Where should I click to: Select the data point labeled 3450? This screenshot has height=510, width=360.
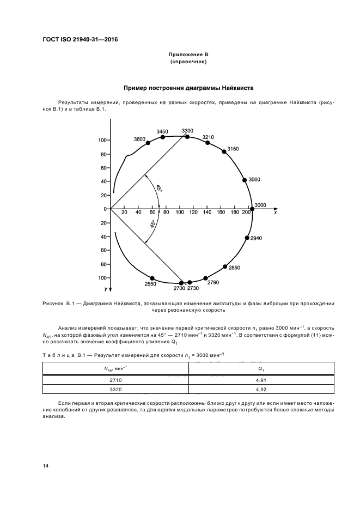(x=162, y=137)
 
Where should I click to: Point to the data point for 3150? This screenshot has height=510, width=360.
(x=224, y=151)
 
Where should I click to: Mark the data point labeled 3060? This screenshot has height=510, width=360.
(x=245, y=180)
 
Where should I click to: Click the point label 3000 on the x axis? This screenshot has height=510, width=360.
(x=260, y=204)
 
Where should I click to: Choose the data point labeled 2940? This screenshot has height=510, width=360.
(x=246, y=238)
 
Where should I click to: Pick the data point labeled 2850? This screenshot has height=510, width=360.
(x=225, y=266)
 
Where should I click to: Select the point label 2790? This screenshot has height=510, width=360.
(x=213, y=283)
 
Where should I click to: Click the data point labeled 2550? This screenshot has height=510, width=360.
(x=152, y=278)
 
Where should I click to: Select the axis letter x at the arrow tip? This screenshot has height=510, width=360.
(x=276, y=213)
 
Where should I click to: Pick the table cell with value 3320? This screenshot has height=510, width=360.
(x=115, y=390)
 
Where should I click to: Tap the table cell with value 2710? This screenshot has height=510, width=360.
(x=115, y=380)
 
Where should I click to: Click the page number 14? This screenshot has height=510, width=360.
(x=45, y=466)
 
